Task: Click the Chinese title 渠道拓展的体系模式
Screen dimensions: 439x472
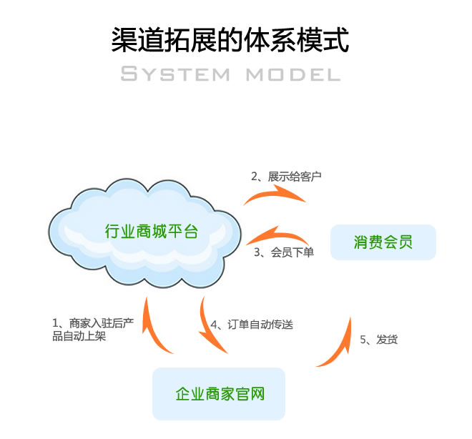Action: pyautogui.click(x=230, y=40)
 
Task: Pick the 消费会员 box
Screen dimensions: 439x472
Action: pyautogui.click(x=383, y=242)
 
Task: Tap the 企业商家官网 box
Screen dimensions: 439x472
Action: pyautogui.click(x=219, y=393)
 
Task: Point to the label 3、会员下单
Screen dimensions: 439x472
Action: pyautogui.click(x=284, y=252)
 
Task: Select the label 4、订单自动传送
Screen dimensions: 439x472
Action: pyautogui.click(x=252, y=324)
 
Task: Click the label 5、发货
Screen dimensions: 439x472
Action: pyautogui.click(x=378, y=339)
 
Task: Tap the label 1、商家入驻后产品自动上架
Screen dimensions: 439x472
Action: pyautogui.click(x=92, y=330)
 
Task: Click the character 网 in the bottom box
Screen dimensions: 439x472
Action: pyautogui.click(x=257, y=393)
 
